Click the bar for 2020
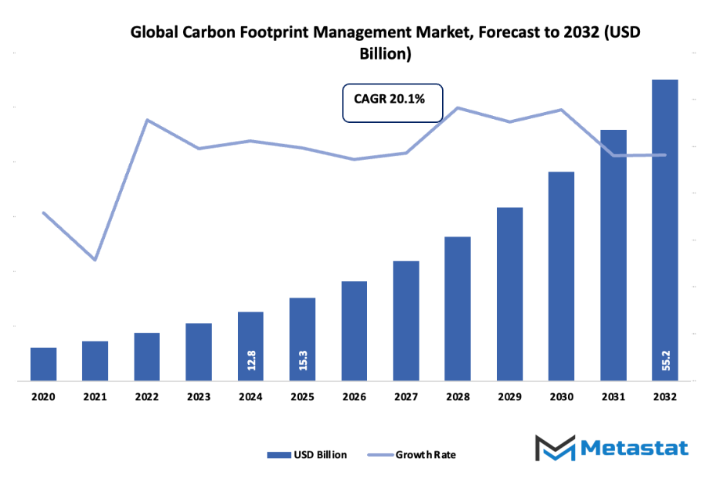tap(44, 364)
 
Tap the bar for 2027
tap(406, 321)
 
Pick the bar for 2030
tap(562, 276)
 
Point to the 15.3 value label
tap(303, 360)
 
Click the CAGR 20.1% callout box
tap(393, 102)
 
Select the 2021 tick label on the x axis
tap(95, 398)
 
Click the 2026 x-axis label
tap(354, 398)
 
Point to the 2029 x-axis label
tap(509, 398)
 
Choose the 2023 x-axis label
tap(199, 398)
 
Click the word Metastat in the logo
tap(635, 448)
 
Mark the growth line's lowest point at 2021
tap(95, 259)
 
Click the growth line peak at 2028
tap(458, 107)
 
